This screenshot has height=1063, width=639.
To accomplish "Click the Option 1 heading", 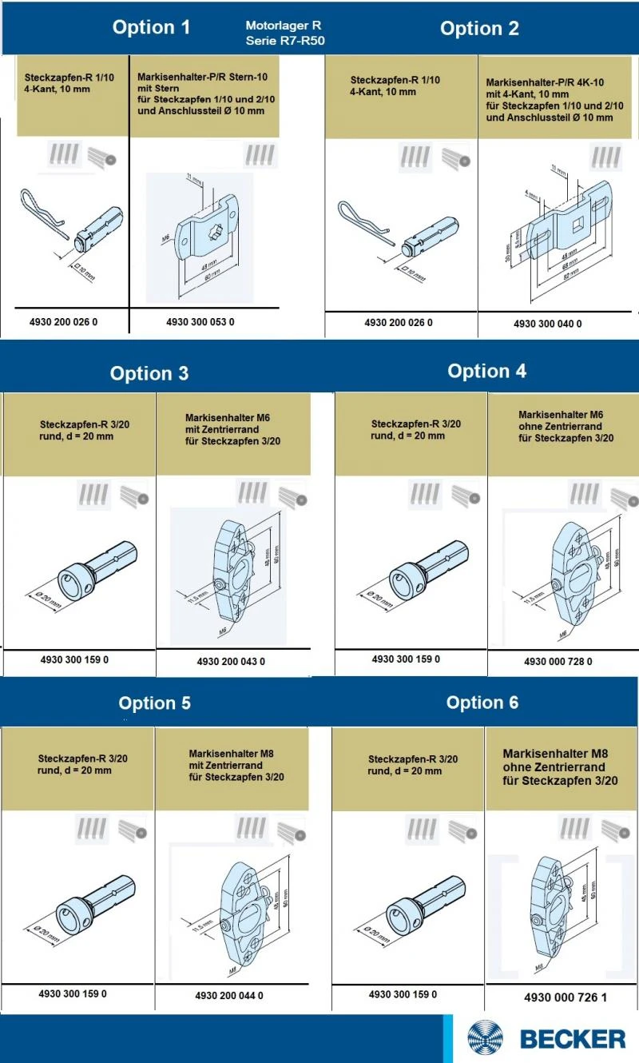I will [151, 28].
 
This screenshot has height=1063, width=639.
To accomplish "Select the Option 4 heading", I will [486, 372].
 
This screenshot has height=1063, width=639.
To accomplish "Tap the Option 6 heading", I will [482, 703].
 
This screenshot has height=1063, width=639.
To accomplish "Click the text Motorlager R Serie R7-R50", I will [285, 33].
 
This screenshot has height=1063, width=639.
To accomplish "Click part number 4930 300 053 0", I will [200, 322].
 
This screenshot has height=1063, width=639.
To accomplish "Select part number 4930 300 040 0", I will [547, 324].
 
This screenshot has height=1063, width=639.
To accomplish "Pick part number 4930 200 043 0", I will [231, 661].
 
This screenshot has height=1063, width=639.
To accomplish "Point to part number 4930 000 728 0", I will [558, 662].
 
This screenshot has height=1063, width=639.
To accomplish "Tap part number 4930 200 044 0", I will [228, 996].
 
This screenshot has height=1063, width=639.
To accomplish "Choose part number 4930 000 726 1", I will [565, 997].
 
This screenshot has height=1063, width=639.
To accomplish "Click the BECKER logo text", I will [573, 1039].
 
